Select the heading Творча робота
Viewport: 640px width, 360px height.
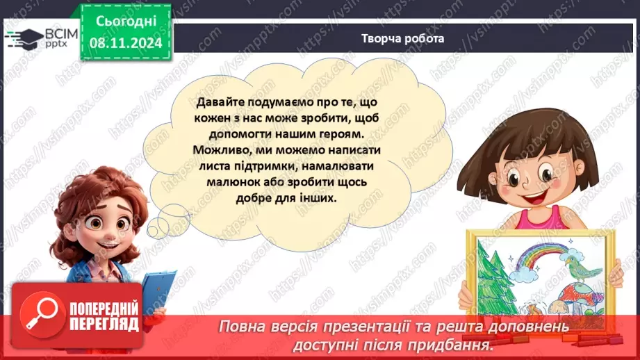(402, 39)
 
